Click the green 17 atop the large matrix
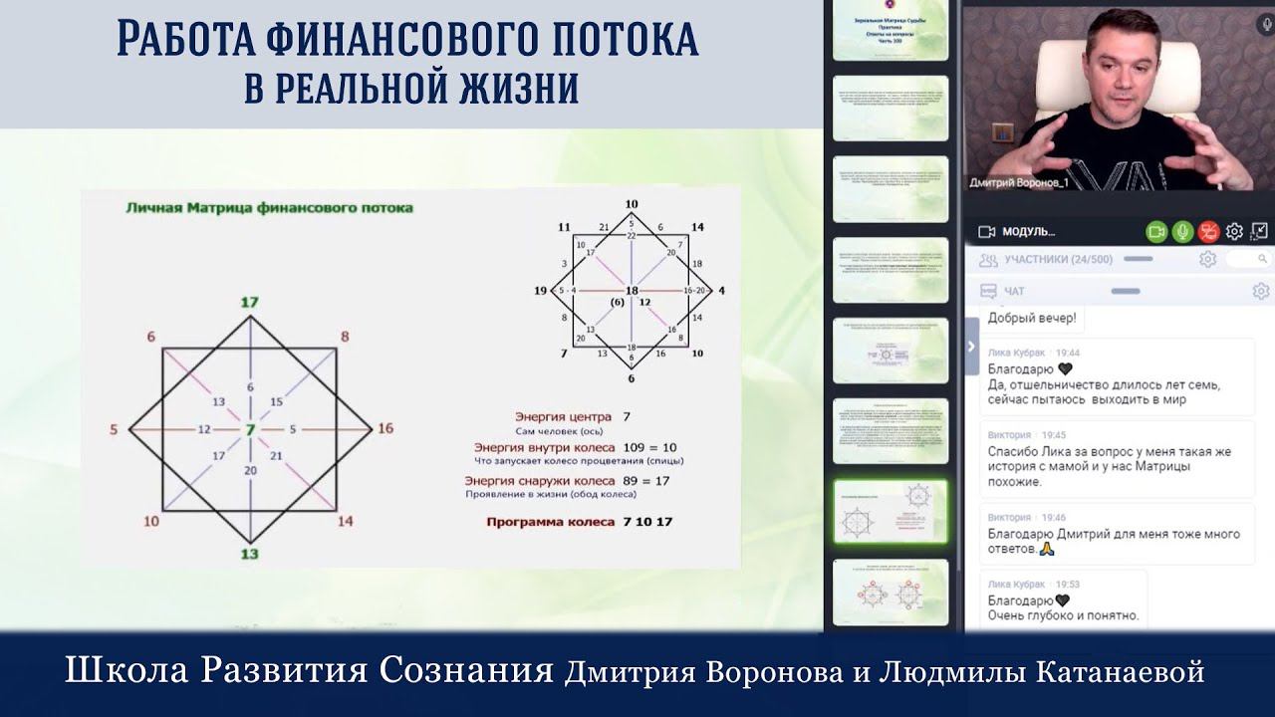[250, 302]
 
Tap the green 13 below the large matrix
[250, 554]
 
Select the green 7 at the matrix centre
[250, 429]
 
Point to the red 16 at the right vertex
[385, 429]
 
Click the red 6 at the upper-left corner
[151, 338]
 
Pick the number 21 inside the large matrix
[277, 456]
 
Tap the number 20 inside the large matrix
[250, 470]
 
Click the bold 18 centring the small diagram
[631, 291]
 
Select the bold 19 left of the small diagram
[541, 291]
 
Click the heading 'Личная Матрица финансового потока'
[269, 208]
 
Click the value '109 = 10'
[648, 448]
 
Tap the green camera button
[1156, 231]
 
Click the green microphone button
[1182, 231]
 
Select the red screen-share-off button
[1208, 231]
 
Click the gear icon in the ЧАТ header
[1259, 291]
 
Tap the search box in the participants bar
[1245, 259]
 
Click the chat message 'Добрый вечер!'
[1032, 319]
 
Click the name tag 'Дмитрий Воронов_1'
[1019, 182]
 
